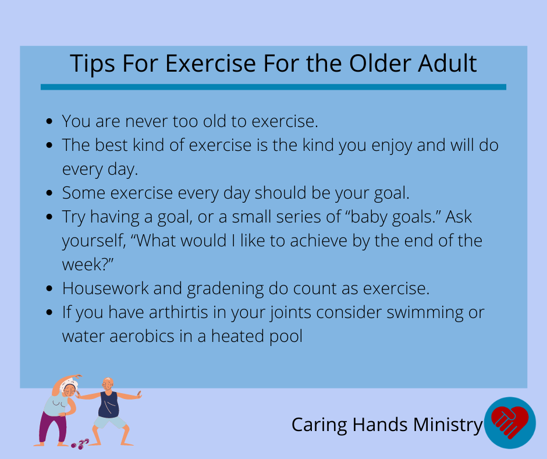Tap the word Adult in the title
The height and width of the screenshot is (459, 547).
pos(447,63)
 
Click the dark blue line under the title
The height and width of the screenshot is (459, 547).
pos(273,87)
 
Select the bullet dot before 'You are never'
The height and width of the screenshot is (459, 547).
pos(49,122)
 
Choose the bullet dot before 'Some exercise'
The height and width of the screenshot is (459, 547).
pos(49,193)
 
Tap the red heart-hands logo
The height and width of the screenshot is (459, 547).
pos(510,422)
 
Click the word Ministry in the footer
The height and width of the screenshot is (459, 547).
pos(448,425)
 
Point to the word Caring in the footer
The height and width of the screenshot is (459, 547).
pos(319,425)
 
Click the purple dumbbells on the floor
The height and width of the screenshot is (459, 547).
pos(80,444)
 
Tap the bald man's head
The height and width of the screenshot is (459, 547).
pos(108,384)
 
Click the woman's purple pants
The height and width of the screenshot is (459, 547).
pos(54,427)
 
